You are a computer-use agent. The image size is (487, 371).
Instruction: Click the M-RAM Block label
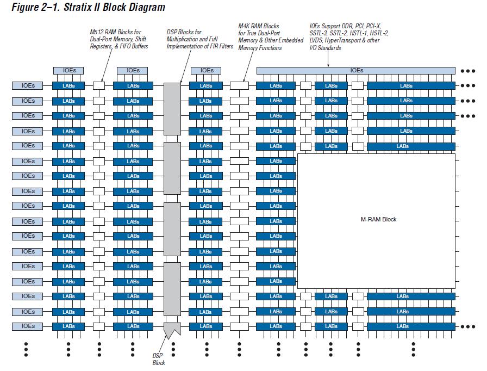379,219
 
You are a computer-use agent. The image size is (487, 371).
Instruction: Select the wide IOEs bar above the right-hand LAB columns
356,70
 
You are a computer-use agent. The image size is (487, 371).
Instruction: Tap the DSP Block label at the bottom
159,359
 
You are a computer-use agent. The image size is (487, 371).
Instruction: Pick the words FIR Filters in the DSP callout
221,46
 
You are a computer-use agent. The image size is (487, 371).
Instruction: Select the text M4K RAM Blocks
259,26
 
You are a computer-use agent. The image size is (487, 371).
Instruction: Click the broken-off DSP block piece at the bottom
172,329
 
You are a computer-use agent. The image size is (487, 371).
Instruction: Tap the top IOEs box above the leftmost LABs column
68,70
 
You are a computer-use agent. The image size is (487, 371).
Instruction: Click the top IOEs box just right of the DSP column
207,70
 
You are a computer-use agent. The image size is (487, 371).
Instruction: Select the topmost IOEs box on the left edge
28,85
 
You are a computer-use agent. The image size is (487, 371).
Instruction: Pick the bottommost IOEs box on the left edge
28,326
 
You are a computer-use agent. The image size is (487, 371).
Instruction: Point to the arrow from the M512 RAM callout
103,67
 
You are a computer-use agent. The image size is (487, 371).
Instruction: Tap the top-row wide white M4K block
239,85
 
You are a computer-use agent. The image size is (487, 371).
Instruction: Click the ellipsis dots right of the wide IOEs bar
467,71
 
